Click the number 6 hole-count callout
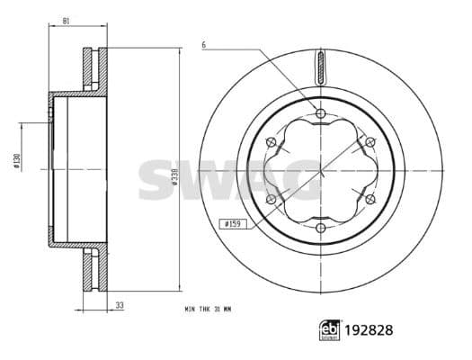point(204,43)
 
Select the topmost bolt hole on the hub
point(321,112)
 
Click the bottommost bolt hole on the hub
point(321,228)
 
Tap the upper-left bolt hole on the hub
point(272,141)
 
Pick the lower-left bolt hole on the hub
point(272,199)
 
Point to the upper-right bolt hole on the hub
point(370,141)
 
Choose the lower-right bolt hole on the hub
point(370,199)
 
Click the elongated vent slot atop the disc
point(321,67)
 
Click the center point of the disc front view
point(321,170)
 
